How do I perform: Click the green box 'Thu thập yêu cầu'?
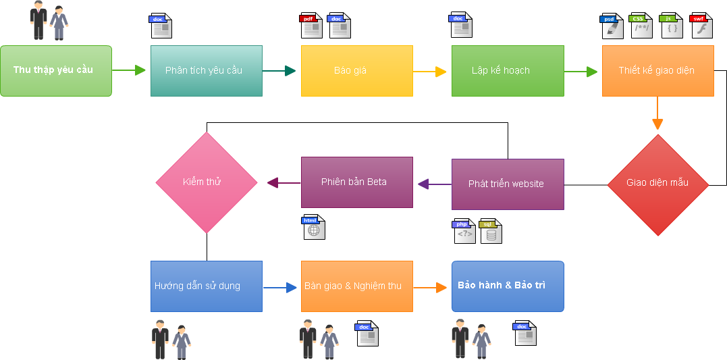click(55, 71)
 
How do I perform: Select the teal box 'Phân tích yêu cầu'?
click(206, 71)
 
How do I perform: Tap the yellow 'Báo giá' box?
click(356, 71)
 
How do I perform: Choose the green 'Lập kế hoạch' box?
click(508, 71)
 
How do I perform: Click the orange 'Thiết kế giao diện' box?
click(657, 71)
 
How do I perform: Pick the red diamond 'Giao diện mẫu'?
click(657, 184)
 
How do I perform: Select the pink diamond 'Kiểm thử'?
click(207, 182)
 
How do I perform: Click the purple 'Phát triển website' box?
click(508, 184)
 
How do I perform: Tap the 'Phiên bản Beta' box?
click(356, 182)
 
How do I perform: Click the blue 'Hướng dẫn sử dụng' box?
click(206, 286)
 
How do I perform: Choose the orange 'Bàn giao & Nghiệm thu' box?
click(356, 286)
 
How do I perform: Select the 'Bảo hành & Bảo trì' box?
click(508, 286)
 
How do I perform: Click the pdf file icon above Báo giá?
click(311, 26)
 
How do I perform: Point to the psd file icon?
click(612, 26)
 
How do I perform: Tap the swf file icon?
click(701, 26)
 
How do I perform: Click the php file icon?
click(464, 231)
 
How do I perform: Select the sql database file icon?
click(490, 231)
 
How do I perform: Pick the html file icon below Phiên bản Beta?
click(313, 227)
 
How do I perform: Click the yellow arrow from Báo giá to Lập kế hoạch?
click(431, 72)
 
